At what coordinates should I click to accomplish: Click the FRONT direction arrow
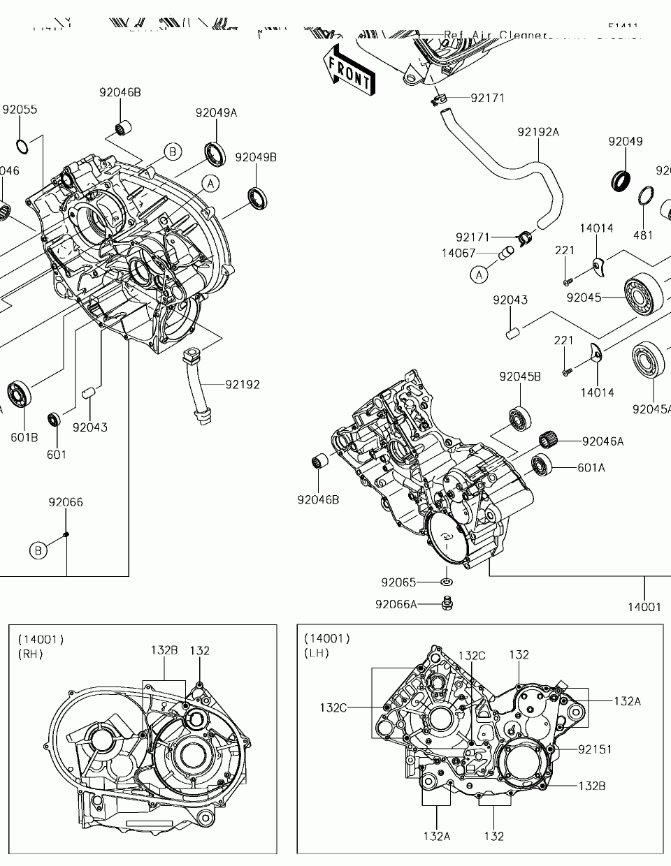pos(349,71)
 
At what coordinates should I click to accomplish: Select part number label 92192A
pos(538,132)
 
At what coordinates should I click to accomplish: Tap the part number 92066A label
pos(396,604)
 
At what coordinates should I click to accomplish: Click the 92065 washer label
pos(398,582)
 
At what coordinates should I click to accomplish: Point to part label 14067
pos(459,253)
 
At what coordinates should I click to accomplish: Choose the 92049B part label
pos(255,157)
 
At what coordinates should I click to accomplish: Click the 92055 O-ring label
pos(20,110)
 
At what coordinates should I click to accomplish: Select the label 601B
pos(24,437)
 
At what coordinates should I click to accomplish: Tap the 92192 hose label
pos(243,384)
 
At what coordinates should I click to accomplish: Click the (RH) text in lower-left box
pos(30,654)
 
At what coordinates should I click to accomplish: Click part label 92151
pos(595,749)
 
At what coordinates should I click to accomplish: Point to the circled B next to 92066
pos(38,550)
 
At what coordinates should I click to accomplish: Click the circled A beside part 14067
pos(479,274)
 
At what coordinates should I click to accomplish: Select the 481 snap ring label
pos(643,235)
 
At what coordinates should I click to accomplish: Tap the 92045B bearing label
pos(520,376)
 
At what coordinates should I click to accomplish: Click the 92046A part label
pos(603,441)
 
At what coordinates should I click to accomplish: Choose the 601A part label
pos(591,467)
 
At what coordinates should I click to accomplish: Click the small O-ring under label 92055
pos(22,146)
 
